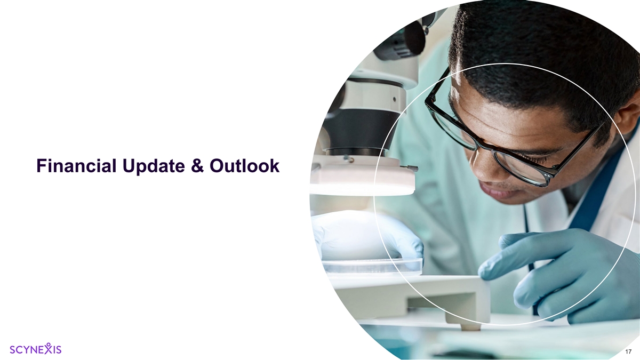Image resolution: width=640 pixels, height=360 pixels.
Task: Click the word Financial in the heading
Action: pyautogui.click(x=77, y=166)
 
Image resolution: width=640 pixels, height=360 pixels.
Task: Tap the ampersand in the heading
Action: pyautogui.click(x=197, y=166)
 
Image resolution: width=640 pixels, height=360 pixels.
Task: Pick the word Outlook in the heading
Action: pyautogui.click(x=245, y=166)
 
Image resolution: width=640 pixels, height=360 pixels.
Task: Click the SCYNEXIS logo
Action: pyautogui.click(x=35, y=349)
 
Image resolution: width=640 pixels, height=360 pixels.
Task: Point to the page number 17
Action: pyautogui.click(x=628, y=351)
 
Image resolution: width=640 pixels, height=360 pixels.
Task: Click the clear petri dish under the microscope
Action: pyautogui.click(x=371, y=265)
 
